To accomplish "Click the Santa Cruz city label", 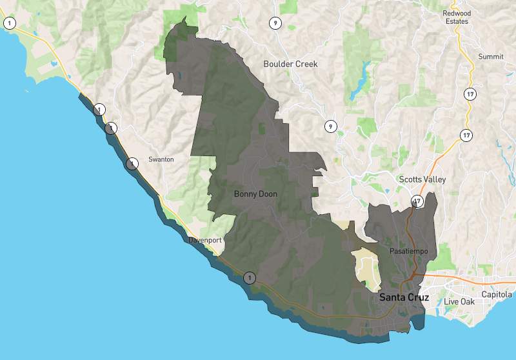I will pyautogui.click(x=404, y=297).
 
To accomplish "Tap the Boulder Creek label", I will pyautogui.click(x=290, y=64).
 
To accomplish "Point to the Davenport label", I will pyautogui.click(x=205, y=240).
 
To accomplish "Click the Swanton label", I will pyautogui.click(x=161, y=159).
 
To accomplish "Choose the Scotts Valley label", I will pyautogui.click(x=422, y=179).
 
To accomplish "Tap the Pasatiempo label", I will pyautogui.click(x=409, y=250).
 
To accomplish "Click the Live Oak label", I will pyautogui.click(x=459, y=302).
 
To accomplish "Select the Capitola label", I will pyautogui.click(x=496, y=295).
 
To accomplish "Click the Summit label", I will pyautogui.click(x=490, y=57).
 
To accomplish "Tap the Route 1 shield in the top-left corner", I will pyautogui.click(x=10, y=23).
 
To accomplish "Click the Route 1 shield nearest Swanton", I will pyautogui.click(x=132, y=163).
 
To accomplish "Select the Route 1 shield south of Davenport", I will pyautogui.click(x=250, y=278).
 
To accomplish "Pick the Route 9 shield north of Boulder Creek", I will pyautogui.click(x=275, y=23).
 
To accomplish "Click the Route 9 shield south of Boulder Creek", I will pyautogui.click(x=331, y=126).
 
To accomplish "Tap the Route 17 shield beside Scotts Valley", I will pyautogui.click(x=418, y=201).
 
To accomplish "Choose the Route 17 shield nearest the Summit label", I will pyautogui.click(x=469, y=94).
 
